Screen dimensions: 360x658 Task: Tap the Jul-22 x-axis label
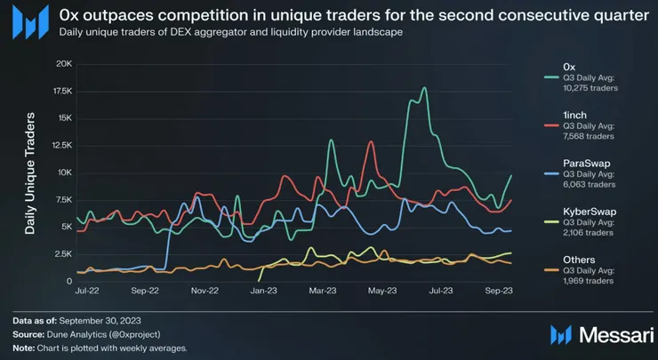(x=85, y=291)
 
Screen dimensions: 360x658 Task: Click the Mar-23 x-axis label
(x=322, y=291)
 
